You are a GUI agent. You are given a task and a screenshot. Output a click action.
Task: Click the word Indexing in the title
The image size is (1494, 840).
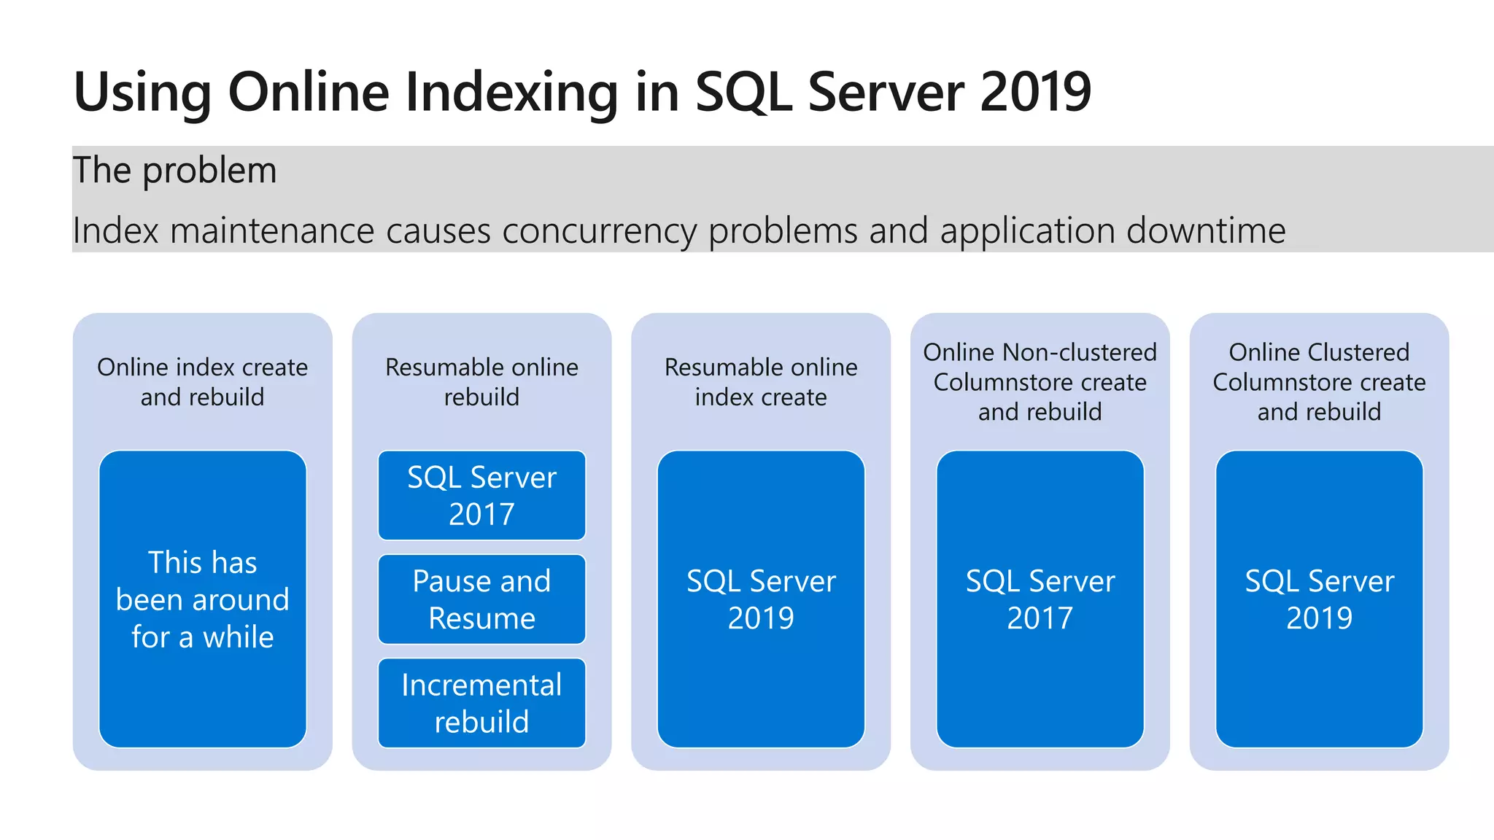point(511,93)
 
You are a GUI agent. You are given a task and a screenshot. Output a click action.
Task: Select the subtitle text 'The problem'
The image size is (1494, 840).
point(174,171)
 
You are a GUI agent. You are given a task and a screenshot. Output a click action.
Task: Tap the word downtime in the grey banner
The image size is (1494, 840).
point(1206,231)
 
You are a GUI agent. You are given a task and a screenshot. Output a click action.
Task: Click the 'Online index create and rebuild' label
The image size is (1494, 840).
point(203,381)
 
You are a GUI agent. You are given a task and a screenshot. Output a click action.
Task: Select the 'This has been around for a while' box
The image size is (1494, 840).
point(203,599)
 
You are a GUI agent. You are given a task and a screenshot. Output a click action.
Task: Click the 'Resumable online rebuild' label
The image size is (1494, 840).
point(481,381)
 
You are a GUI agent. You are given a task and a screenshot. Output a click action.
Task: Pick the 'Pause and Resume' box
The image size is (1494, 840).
point(481,599)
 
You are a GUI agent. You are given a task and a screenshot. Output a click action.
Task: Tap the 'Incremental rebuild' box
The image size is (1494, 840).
point(481,703)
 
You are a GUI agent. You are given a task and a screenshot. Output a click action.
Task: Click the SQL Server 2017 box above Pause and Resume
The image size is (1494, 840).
point(481,495)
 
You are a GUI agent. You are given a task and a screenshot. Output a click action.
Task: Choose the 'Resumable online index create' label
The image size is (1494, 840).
point(761,381)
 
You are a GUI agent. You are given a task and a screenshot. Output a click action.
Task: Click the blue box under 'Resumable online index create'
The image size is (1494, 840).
point(761,599)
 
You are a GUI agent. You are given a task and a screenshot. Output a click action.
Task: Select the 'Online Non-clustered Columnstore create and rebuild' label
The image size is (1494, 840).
point(1040,381)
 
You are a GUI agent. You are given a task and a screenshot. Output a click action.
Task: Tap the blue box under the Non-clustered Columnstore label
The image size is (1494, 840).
point(1040,599)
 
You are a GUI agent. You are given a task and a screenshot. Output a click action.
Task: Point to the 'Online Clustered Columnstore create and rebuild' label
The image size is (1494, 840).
point(1319,381)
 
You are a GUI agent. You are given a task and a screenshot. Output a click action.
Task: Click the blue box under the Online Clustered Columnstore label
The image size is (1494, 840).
point(1319,599)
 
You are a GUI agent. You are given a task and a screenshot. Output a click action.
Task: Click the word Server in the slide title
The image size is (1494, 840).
point(886,92)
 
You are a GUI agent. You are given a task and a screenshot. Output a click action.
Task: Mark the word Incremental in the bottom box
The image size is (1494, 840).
point(481,685)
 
